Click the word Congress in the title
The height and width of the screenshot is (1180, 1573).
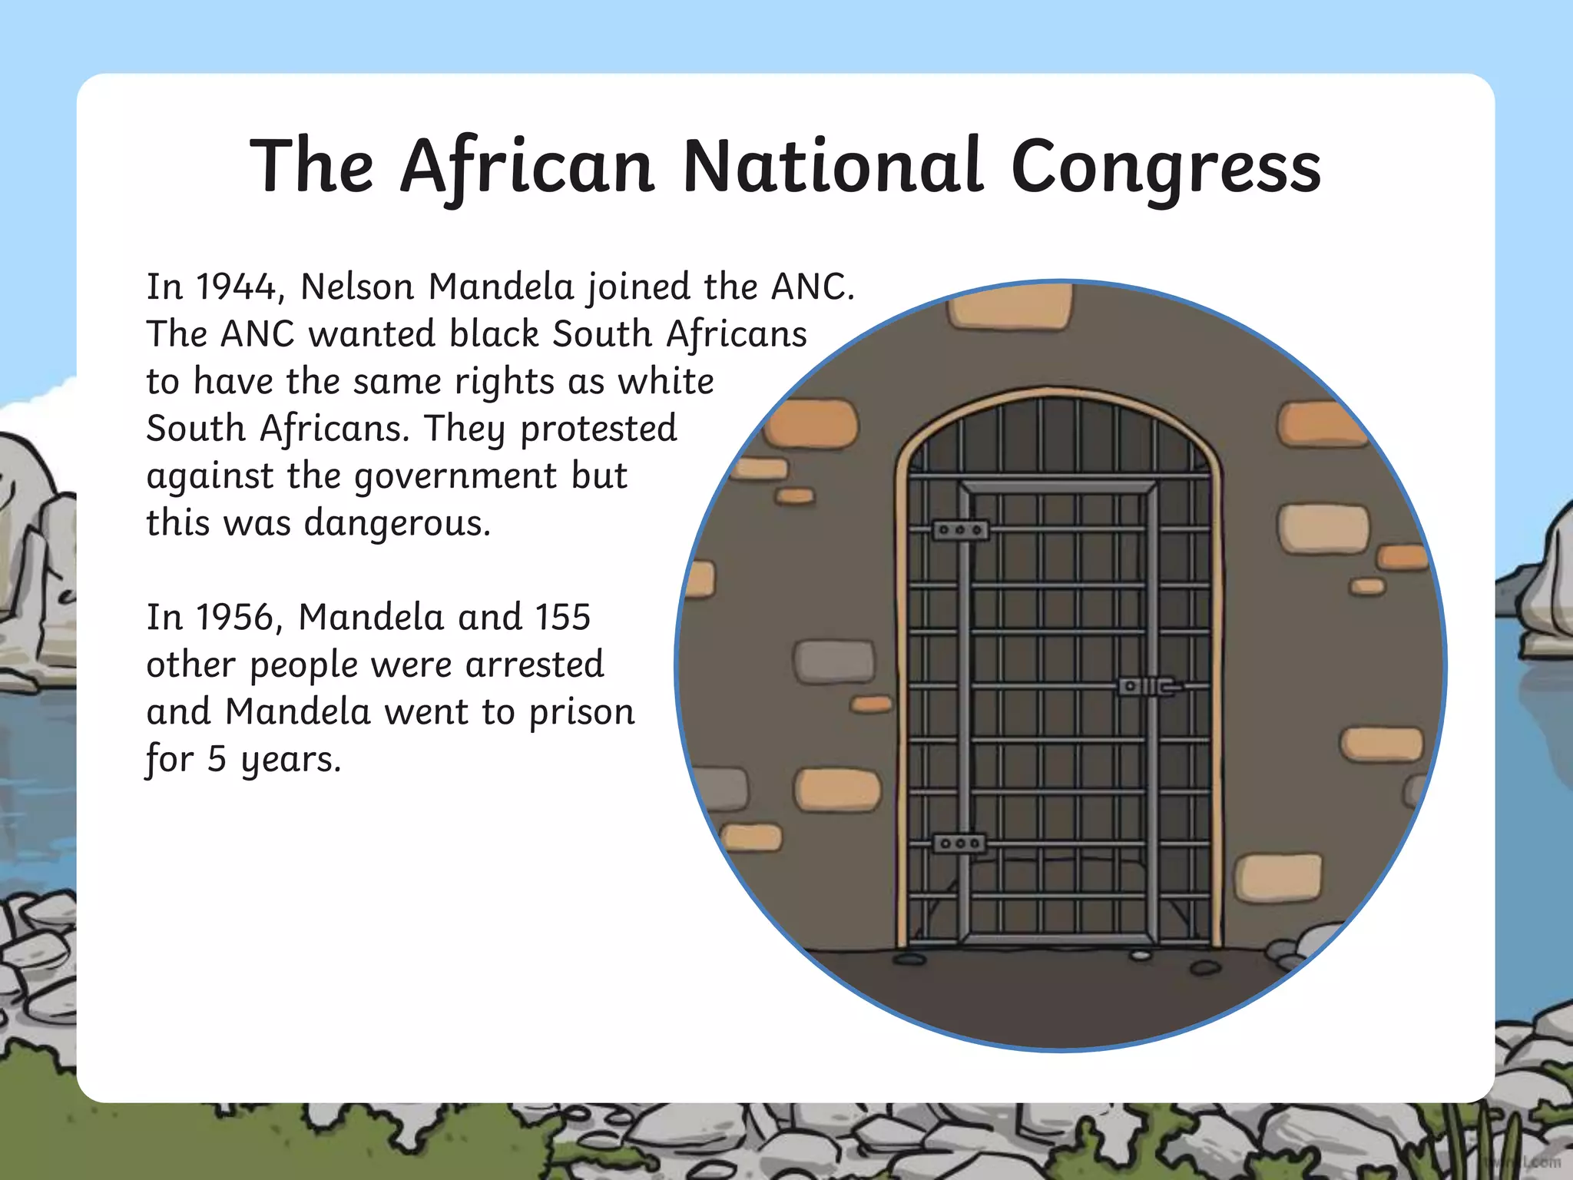click(1166, 167)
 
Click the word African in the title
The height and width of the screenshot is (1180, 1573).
click(527, 167)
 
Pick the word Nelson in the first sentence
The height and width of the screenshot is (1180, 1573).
click(357, 287)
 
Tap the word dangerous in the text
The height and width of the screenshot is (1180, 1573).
click(397, 524)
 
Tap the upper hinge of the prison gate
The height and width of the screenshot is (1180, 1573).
click(960, 530)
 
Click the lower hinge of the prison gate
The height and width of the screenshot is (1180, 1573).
click(959, 844)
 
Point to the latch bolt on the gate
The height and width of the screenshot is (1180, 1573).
click(1149, 686)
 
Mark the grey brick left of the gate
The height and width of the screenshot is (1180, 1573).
click(833, 661)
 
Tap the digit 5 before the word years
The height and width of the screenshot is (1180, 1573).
click(217, 760)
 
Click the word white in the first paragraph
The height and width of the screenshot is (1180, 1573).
click(666, 382)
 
